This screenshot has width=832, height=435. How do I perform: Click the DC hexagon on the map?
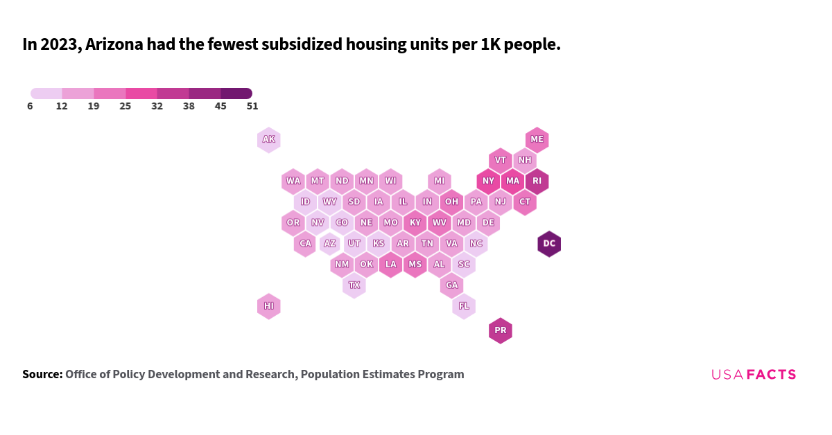pos(549,244)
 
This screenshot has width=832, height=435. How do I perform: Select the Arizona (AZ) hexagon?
pos(330,244)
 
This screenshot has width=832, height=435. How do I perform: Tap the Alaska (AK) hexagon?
pos(269,140)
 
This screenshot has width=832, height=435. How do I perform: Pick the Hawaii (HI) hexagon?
pos(269,306)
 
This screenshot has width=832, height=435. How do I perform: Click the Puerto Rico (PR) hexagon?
pos(501,331)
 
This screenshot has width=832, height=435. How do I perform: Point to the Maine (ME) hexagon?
pos(537,140)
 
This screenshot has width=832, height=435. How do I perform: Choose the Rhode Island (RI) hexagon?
pos(537,181)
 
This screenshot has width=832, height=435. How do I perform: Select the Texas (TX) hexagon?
pos(354,285)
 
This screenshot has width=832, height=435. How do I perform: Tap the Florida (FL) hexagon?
pos(464,306)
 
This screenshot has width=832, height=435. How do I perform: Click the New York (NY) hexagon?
pos(488,181)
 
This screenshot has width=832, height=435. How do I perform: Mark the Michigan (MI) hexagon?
pos(440,181)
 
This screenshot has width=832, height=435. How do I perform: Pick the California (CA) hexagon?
pos(305,244)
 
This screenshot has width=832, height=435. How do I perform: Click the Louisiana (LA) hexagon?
pos(391,265)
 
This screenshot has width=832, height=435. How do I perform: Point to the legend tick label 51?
pos(252,107)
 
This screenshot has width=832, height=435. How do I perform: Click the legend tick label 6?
pos(31,107)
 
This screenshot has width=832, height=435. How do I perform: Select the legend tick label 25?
pos(125,107)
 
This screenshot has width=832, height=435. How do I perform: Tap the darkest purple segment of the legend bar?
pos(236,94)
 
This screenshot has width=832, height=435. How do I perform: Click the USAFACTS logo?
pos(754,375)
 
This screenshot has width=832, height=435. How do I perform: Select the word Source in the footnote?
pos(42,375)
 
